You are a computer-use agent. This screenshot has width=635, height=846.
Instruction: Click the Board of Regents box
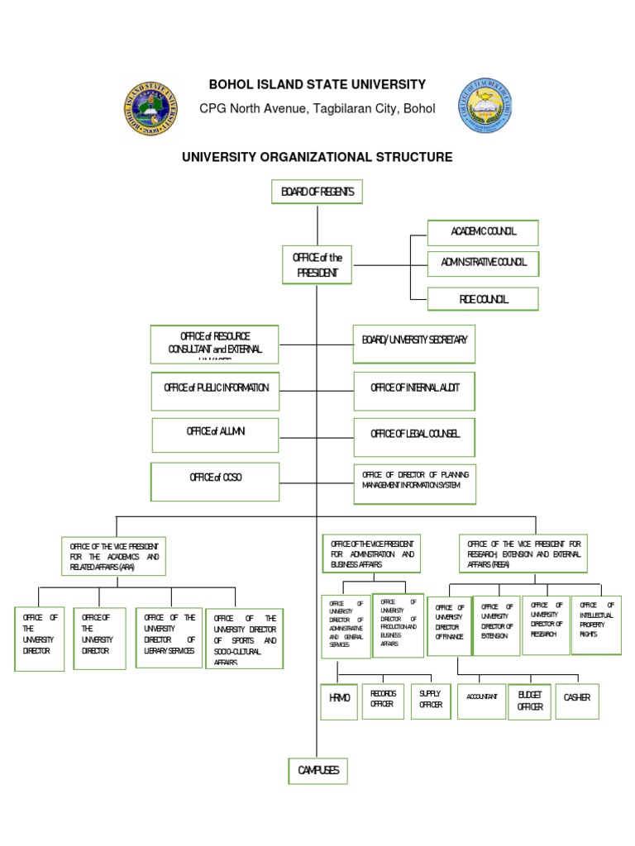[x=317, y=192]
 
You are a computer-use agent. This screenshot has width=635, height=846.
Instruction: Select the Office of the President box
[x=317, y=265]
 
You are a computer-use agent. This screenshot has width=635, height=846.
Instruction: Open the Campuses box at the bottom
[x=317, y=770]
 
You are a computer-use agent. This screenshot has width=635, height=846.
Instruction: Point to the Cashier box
[x=576, y=700]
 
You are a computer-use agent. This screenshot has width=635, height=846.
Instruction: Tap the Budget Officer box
[x=529, y=701]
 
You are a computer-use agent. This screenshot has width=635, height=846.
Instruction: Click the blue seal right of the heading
[x=485, y=107]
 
